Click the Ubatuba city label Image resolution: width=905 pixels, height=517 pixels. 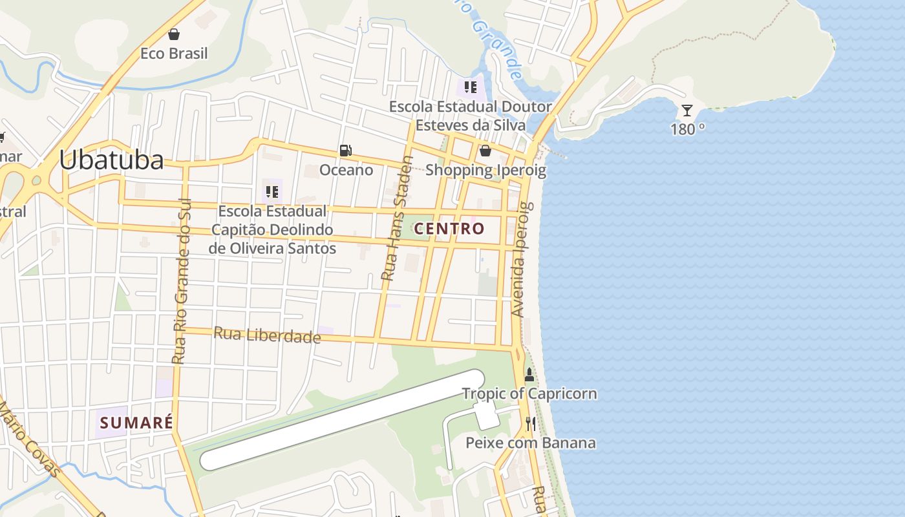point(111,160)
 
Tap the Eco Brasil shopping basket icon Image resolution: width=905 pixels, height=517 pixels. point(173,34)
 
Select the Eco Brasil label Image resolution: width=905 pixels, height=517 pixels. point(174,54)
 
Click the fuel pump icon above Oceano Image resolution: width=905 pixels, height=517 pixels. point(346,151)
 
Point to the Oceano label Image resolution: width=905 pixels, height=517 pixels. point(346,170)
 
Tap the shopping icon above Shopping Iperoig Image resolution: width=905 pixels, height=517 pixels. point(485,151)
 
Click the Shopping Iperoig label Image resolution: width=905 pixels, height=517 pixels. point(485,171)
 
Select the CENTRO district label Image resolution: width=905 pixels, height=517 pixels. point(449,228)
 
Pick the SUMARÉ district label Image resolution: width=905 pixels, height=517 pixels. point(136,423)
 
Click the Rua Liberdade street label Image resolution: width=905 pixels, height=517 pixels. point(267,335)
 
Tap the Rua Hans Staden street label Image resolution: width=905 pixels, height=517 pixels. point(396,218)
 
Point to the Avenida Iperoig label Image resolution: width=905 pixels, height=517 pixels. point(522,259)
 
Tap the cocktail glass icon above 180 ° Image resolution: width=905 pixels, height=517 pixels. point(687,111)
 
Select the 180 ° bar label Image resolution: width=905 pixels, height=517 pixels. point(687,129)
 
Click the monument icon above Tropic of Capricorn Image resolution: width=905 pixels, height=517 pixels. point(529,375)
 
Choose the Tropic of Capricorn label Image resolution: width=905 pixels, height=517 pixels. point(529,394)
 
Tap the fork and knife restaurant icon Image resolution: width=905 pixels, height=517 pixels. point(530,424)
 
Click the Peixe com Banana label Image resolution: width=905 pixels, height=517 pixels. point(531,443)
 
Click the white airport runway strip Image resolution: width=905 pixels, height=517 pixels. point(343,420)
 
